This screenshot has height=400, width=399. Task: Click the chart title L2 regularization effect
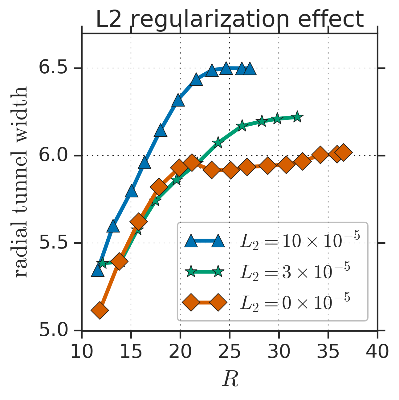pyautogui.click(x=230, y=19)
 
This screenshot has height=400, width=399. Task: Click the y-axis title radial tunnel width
pyautogui.click(x=22, y=182)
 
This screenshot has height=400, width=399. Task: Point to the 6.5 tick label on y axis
pyautogui.click(x=53, y=68)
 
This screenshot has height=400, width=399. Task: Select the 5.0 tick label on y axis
pyautogui.click(x=53, y=331)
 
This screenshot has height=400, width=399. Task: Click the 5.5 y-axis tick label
pyautogui.click(x=53, y=243)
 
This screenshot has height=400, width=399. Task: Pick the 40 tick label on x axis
pyautogui.click(x=377, y=352)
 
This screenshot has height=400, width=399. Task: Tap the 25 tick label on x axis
pyautogui.click(x=230, y=352)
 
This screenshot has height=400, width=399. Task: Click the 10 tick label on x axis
pyautogui.click(x=82, y=352)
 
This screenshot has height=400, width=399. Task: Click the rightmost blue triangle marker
pyautogui.click(x=250, y=69)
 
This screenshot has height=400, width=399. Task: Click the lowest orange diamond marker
pyautogui.click(x=100, y=310)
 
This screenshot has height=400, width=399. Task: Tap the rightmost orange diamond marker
pyautogui.click(x=343, y=152)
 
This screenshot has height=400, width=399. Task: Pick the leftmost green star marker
pyautogui.click(x=102, y=263)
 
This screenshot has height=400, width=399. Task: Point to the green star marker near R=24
pyautogui.click(x=218, y=143)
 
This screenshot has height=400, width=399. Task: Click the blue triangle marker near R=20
pyautogui.click(x=178, y=101)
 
